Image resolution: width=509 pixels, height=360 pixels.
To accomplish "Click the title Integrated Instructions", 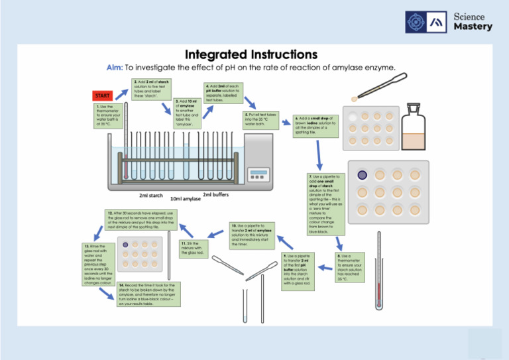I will (x=251, y=54).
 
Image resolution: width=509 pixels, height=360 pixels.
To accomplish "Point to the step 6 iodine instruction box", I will (x=316, y=126).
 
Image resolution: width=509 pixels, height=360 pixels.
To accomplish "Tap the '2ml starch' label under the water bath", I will (x=151, y=196).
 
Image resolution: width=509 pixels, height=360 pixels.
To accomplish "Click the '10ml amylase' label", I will (x=186, y=199).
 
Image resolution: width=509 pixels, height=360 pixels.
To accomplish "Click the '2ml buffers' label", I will (x=216, y=194).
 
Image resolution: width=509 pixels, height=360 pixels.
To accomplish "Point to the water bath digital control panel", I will (x=258, y=174).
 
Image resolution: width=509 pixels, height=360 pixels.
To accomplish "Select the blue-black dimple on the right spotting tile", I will (x=362, y=176).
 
